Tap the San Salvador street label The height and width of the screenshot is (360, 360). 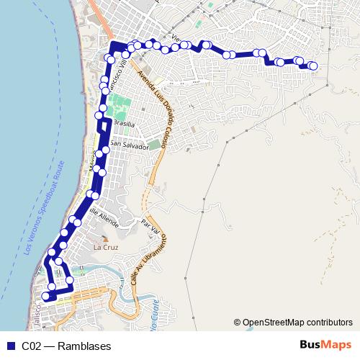pos(129,145)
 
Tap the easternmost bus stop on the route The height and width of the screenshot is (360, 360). pos(313,66)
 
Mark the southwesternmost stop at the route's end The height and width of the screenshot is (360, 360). pos(45,296)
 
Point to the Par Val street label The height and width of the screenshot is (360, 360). pos(150,227)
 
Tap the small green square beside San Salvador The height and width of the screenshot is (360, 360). pos(155,145)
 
